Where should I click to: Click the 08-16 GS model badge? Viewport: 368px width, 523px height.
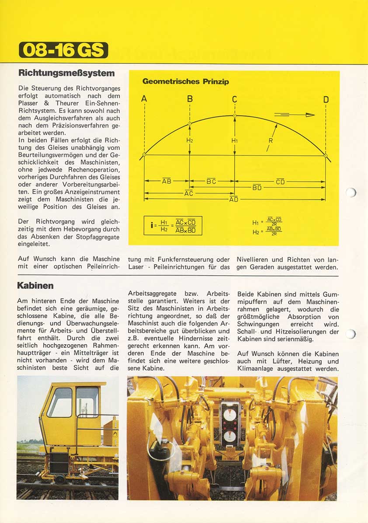point(63,50)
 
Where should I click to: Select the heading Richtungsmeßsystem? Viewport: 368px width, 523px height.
point(67,73)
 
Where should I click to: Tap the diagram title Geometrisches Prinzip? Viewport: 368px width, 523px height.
point(186,81)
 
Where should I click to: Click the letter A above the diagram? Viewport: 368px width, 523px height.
point(144,99)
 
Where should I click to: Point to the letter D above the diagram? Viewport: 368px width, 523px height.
point(326,100)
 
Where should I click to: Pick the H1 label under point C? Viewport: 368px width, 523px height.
point(234,141)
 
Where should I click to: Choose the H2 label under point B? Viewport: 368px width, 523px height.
point(190,141)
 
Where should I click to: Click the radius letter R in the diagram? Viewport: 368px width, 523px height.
point(270,141)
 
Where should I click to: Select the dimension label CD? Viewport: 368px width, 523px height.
point(280,182)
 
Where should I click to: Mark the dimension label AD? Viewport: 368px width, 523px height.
point(234,200)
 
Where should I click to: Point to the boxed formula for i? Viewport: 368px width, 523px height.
point(173,225)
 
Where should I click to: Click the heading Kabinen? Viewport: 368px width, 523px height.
point(35,285)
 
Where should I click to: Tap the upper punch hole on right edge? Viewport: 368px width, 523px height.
point(351,192)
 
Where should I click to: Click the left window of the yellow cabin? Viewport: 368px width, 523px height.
point(60,402)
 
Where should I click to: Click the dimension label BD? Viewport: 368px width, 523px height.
point(257,187)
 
